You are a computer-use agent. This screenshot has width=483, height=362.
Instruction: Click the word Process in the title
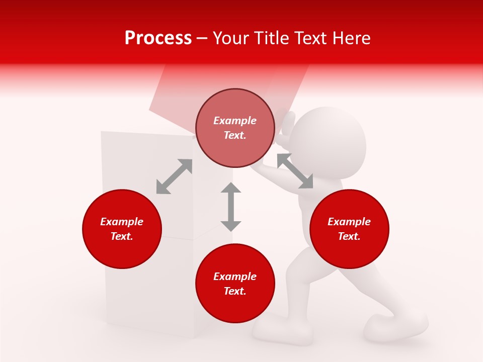pos(158,38)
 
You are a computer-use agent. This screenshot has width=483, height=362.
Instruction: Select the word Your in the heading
pos(232,38)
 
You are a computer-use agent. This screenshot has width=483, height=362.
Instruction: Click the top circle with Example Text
pos(235,128)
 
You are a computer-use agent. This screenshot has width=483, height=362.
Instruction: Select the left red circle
pos(122,229)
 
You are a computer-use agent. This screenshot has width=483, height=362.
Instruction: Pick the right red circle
pos(349,229)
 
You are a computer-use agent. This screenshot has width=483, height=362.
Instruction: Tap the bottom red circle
pos(235,284)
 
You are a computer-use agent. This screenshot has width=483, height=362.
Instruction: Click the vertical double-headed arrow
pos(231,207)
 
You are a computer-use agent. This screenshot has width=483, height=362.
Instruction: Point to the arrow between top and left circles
pos(174,176)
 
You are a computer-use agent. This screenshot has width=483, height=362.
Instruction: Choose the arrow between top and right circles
pos(295,171)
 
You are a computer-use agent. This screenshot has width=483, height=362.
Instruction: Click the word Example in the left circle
pos(122,222)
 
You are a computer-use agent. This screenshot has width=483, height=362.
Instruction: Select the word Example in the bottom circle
pos(235,277)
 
